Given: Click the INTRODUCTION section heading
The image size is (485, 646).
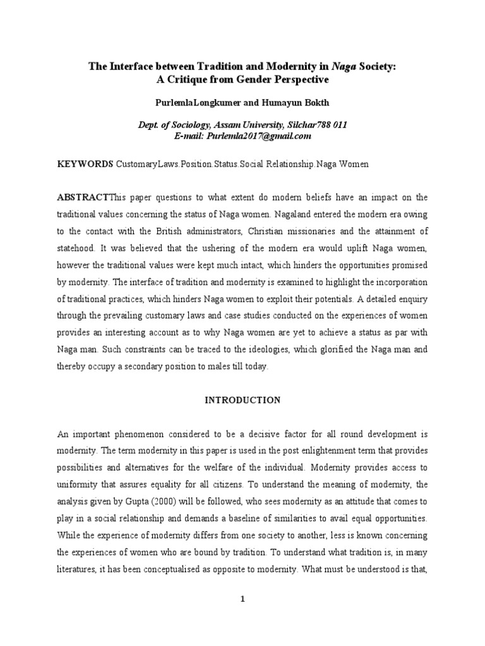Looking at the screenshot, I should coord(242,400).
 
